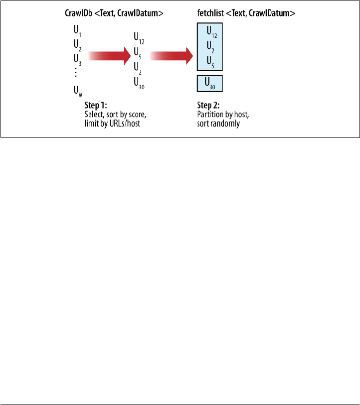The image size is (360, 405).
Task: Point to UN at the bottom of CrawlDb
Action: (77, 91)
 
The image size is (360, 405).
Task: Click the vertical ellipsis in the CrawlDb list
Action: (76, 73)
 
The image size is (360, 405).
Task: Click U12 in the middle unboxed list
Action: (139, 37)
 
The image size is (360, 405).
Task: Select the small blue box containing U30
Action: (210, 83)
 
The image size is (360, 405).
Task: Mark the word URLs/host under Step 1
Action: (124, 124)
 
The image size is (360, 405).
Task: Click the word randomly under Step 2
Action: (226, 124)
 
